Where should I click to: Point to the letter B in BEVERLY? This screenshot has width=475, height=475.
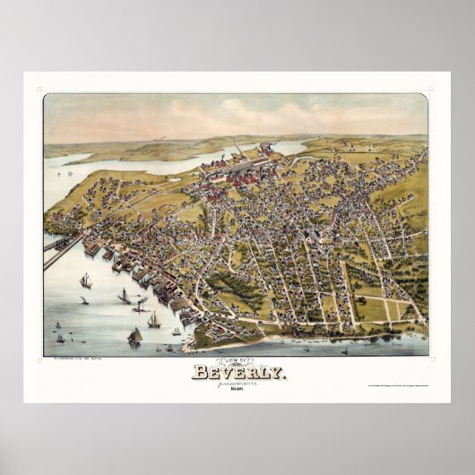[199, 371]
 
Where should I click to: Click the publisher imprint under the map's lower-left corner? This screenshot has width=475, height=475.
[74, 359]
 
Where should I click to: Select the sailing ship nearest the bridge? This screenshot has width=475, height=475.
[86, 281]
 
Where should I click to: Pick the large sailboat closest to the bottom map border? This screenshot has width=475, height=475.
[135, 336]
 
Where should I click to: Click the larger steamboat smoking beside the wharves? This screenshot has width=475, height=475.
[141, 307]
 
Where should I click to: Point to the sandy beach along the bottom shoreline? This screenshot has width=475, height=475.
[296, 341]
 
